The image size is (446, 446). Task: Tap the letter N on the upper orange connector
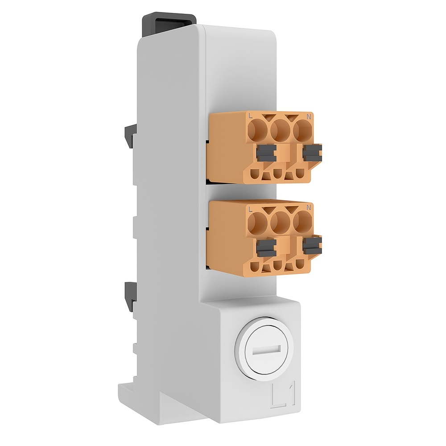point(308,117)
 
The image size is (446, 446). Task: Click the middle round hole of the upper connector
point(281,131)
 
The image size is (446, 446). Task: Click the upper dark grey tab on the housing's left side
point(129,136)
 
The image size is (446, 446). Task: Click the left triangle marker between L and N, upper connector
point(269,118)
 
